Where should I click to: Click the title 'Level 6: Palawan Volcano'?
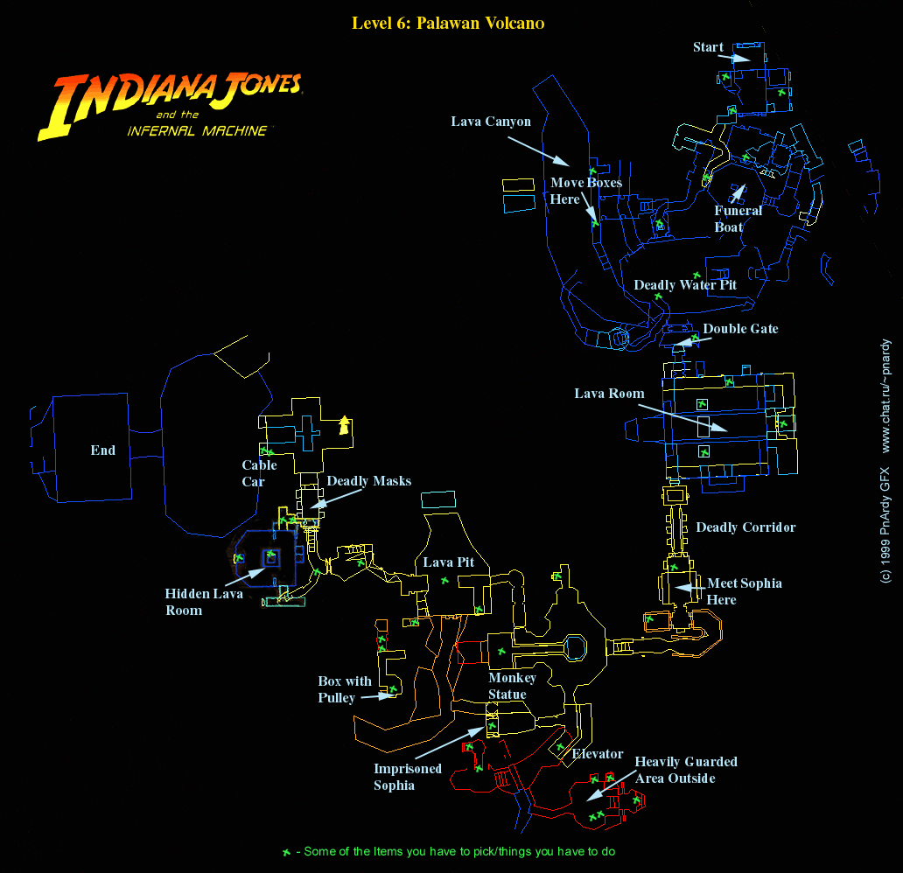447,23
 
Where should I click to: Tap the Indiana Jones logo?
170,104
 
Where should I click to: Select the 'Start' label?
708,47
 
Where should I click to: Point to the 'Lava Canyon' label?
491,122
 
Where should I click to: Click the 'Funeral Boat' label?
738,219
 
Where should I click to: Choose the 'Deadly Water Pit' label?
685,285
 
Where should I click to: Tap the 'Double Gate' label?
740,329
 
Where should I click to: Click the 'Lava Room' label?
609,394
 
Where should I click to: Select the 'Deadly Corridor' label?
745,527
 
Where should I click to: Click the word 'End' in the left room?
103,450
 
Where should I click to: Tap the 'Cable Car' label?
259,473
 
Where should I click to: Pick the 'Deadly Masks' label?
368,481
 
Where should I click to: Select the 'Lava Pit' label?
448,562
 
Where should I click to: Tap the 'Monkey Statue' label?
512,686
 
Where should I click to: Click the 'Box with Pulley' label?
344,689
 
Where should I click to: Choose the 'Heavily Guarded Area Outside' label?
686,770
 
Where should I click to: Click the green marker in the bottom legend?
285,852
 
